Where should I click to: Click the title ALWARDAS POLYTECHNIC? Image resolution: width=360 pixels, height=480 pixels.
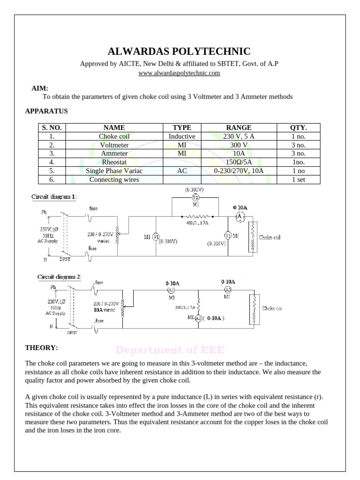click(x=180, y=52)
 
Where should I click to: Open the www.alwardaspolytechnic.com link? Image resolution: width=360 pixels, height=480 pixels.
click(x=180, y=73)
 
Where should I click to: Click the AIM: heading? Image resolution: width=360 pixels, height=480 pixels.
click(x=40, y=88)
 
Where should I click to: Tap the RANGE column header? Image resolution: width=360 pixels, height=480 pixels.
click(x=239, y=127)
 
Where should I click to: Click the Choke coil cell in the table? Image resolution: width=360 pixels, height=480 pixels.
click(x=114, y=136)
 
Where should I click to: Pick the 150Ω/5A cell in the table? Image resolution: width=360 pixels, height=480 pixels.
click(x=239, y=162)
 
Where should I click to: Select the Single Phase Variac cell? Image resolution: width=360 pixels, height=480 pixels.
click(x=114, y=171)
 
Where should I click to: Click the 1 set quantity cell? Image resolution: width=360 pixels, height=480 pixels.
click(x=299, y=180)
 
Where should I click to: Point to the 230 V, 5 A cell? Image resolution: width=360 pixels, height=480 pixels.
click(x=239, y=136)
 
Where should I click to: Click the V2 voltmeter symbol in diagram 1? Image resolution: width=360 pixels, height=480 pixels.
click(x=195, y=197)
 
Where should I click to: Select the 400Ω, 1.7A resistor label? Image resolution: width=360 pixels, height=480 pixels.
click(x=197, y=223)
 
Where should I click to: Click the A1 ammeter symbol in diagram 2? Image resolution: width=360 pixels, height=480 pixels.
click(x=171, y=291)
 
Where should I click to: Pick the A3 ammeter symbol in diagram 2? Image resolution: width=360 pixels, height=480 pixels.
click(x=228, y=289)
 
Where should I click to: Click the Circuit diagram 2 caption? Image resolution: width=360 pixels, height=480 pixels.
click(x=59, y=277)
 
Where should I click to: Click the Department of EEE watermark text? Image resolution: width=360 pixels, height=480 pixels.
click(x=170, y=350)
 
